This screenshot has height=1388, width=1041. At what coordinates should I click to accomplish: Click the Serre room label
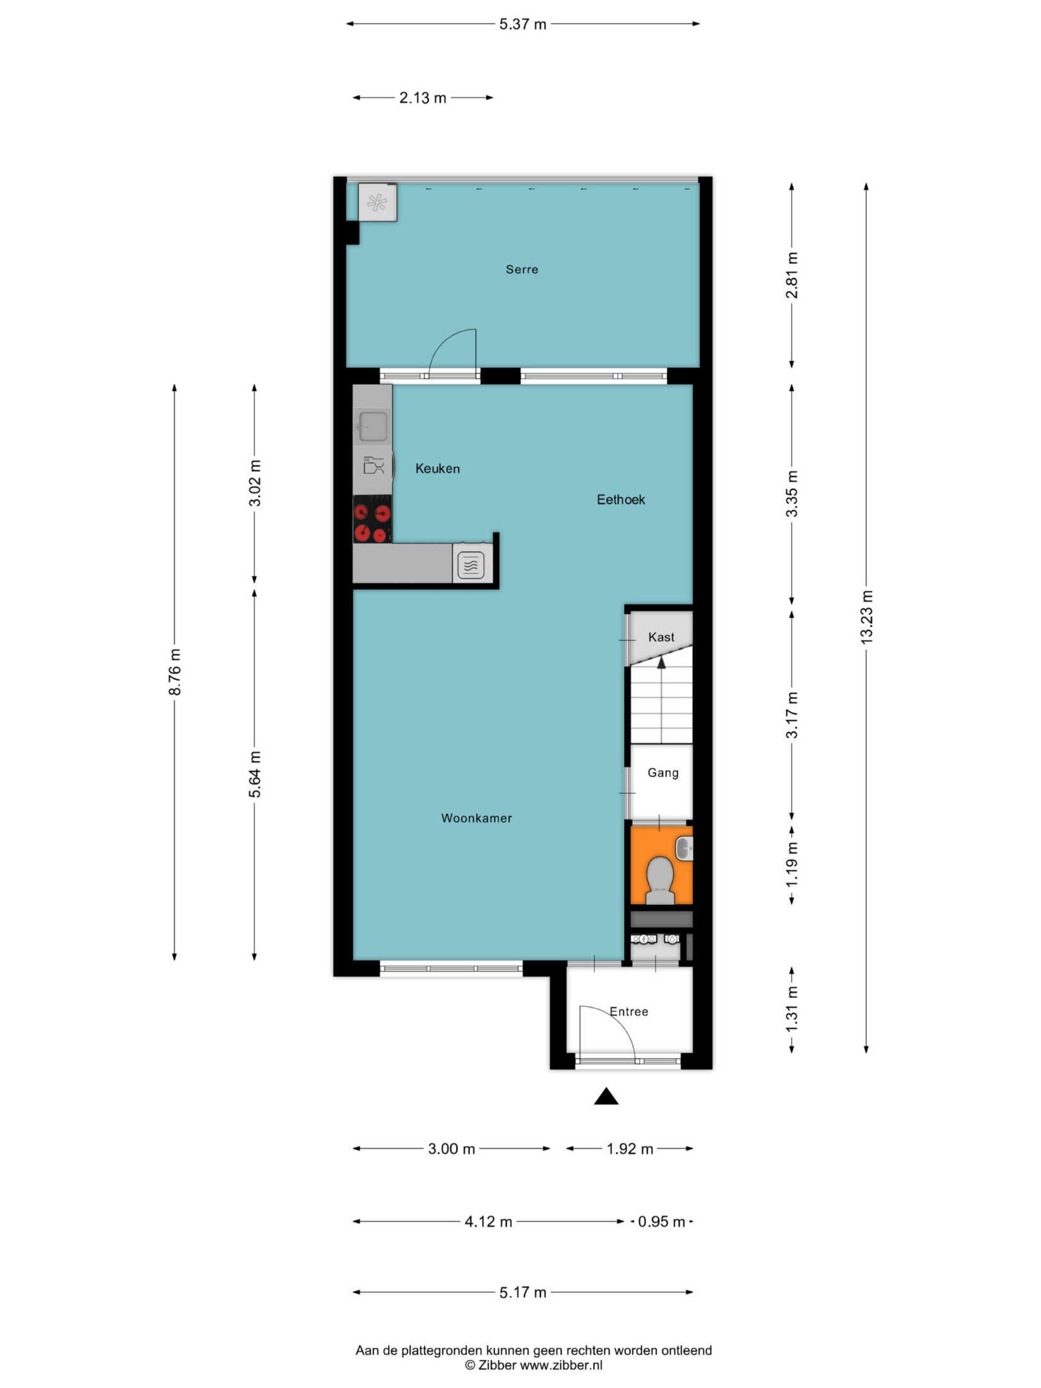522,269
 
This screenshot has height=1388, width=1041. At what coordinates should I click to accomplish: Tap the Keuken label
437,469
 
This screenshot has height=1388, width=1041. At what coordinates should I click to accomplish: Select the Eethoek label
621,500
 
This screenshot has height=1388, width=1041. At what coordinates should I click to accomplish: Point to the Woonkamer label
476,818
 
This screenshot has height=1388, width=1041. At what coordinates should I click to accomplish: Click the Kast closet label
661,637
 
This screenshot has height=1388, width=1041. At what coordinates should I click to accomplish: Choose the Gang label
663,773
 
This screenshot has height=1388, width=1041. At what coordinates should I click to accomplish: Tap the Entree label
629,1011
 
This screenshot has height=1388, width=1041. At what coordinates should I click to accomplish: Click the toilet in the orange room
661,879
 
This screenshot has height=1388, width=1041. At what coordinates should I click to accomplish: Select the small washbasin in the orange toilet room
684,848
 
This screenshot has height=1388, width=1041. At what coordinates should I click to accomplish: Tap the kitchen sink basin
373,426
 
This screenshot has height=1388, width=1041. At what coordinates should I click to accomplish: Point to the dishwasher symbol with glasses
373,466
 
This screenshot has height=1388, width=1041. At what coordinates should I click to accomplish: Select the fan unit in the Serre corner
377,203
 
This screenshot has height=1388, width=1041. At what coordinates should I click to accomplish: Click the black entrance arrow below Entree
606,1097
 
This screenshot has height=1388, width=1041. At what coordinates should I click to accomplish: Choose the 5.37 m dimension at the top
523,25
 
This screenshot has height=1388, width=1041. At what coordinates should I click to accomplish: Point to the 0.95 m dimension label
661,1222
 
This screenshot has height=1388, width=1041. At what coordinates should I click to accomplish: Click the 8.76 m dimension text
175,672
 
